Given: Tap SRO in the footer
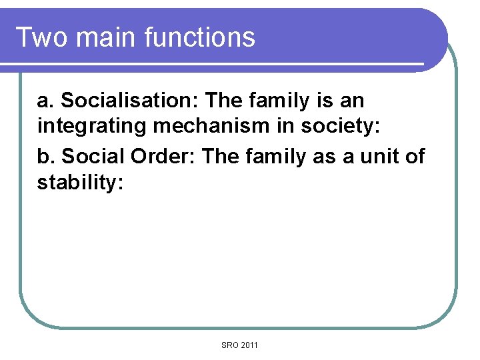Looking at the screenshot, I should pyautogui.click(x=230, y=345).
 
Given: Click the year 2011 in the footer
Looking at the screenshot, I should pyautogui.click(x=249, y=345).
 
